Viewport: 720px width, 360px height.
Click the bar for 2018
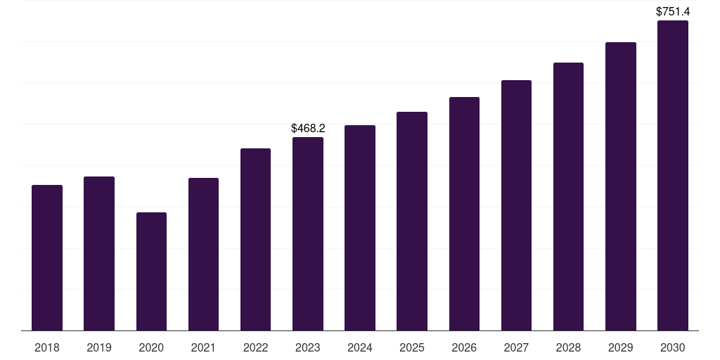(47, 257)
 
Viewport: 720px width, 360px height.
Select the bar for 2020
(152, 271)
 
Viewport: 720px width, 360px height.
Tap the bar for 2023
(308, 233)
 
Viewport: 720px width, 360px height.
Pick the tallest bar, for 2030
(673, 175)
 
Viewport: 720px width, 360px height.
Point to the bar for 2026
(464, 214)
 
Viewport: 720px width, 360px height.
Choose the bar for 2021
(203, 254)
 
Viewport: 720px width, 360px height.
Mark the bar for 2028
(568, 197)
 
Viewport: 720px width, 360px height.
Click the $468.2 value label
(308, 128)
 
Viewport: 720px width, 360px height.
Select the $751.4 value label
(673, 11)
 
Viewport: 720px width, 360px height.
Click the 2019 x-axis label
(99, 347)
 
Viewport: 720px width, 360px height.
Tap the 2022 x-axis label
(255, 347)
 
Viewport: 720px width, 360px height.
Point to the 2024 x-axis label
(360, 347)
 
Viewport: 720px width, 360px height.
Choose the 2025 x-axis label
(412, 347)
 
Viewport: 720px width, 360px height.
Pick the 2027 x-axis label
(516, 347)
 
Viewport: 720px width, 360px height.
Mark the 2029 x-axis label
(620, 347)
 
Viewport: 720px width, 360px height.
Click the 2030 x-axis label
(673, 347)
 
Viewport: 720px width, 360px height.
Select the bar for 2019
(99, 253)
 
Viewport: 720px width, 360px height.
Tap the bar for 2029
(621, 186)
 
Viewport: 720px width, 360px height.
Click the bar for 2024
(360, 228)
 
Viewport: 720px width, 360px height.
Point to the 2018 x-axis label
(47, 347)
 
